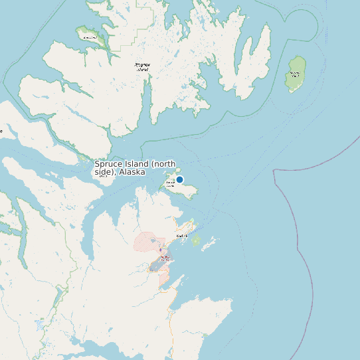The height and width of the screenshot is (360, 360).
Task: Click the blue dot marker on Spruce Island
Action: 179,179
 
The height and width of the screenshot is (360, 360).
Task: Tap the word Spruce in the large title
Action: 108,164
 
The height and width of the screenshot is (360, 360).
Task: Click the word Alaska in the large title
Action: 132,172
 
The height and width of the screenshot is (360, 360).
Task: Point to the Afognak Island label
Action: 142,66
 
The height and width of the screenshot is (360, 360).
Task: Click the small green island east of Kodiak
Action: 196,240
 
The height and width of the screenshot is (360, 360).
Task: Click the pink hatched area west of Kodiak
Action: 147,242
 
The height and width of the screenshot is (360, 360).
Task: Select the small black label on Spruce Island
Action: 171,182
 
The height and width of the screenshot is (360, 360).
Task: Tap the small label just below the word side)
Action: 102,177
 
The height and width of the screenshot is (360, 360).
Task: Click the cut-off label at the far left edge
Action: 1,131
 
